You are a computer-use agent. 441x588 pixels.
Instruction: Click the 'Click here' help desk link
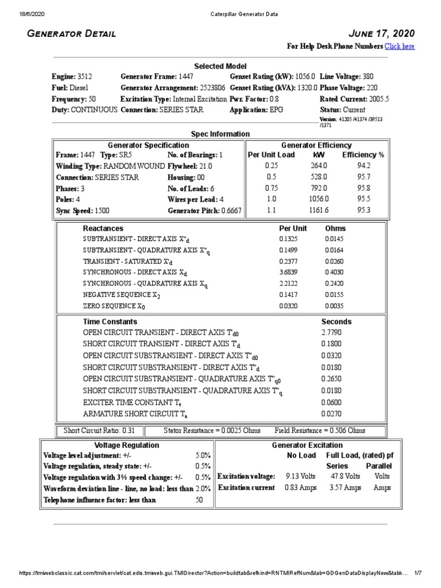click(x=399, y=47)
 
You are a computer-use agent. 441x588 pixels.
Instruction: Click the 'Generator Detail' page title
click(x=72, y=34)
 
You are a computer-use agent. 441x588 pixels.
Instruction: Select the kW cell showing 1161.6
click(x=319, y=210)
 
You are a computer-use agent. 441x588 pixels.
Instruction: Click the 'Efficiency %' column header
click(x=363, y=155)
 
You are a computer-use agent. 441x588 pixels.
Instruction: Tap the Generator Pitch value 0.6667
click(x=230, y=210)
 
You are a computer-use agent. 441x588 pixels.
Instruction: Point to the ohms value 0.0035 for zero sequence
click(x=334, y=306)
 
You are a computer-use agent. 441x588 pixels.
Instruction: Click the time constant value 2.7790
click(x=331, y=332)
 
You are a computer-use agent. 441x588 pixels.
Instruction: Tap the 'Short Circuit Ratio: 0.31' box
click(x=99, y=430)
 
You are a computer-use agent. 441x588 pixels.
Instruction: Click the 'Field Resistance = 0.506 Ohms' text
click(x=320, y=430)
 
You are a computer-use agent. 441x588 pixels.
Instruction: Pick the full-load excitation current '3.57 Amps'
click(x=345, y=488)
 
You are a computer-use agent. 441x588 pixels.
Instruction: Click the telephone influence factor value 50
click(x=200, y=500)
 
